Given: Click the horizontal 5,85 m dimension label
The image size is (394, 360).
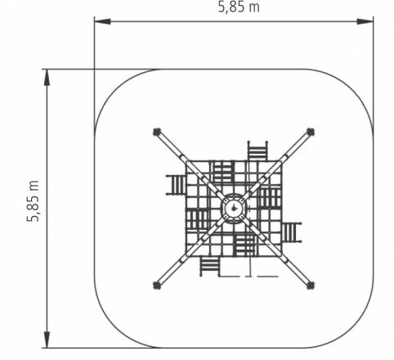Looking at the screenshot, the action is coord(239,7).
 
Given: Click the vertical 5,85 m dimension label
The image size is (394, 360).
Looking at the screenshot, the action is coord(34,201).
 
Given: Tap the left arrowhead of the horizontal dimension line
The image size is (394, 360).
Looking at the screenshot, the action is coord(102,21).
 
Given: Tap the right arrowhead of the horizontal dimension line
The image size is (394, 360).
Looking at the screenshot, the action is coord(365,21).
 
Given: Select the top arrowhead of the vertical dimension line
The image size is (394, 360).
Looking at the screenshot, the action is coord(47,78).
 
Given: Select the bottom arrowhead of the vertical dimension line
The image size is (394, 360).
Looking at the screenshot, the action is coord(47,340).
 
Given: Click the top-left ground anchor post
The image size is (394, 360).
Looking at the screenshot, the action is coord(157,132).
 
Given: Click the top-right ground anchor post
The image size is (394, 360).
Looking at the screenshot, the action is coord(311,132).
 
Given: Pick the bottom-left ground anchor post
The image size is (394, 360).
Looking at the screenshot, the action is coord(157,286).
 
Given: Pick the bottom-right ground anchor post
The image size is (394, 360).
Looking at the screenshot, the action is coord(311,286).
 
